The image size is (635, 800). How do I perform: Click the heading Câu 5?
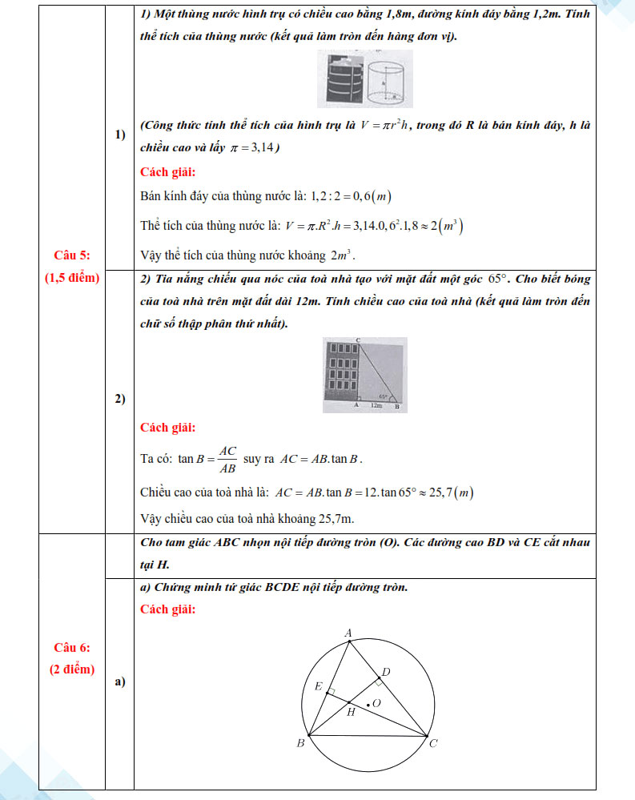[71, 255]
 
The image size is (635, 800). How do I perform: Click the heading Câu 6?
[71, 647]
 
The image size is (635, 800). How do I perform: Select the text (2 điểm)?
[71, 669]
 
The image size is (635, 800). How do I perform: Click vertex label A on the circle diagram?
[348, 633]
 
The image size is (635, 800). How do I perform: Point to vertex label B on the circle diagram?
[301, 744]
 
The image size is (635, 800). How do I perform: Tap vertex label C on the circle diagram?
[433, 744]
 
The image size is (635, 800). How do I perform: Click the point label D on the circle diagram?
[385, 671]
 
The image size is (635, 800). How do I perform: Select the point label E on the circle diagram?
[318, 686]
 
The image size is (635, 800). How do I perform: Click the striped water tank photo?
[342, 79]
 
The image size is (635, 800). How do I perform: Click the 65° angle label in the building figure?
[384, 396]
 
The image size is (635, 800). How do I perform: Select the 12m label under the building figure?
[376, 407]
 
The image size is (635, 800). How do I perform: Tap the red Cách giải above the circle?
[167, 609]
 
